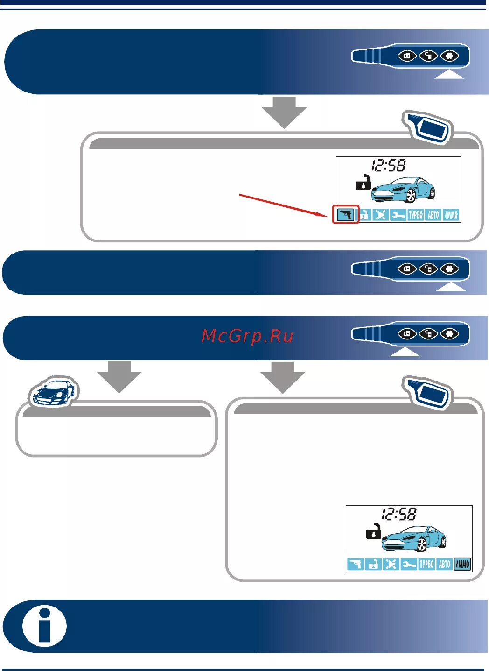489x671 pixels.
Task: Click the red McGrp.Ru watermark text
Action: (247, 336)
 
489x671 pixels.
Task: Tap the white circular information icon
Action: (45, 626)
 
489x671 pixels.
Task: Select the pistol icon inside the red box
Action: (345, 215)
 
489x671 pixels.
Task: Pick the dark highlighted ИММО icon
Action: (462, 564)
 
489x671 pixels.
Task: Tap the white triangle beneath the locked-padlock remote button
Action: (405, 351)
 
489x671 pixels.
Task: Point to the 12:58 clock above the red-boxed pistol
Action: (388, 165)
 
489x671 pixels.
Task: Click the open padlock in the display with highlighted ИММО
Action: (373, 531)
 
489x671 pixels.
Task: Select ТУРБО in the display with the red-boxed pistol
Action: (415, 215)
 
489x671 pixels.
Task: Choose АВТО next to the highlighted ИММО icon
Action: (444, 564)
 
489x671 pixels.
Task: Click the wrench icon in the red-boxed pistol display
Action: (398, 215)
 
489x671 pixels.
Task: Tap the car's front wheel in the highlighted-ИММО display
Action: (421, 544)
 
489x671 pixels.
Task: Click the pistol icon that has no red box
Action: (355, 564)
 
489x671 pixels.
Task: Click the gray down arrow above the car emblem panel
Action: (120, 376)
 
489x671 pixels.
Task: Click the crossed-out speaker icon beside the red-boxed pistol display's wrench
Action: (380, 215)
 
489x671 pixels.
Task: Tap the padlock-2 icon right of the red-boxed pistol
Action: (363, 215)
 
